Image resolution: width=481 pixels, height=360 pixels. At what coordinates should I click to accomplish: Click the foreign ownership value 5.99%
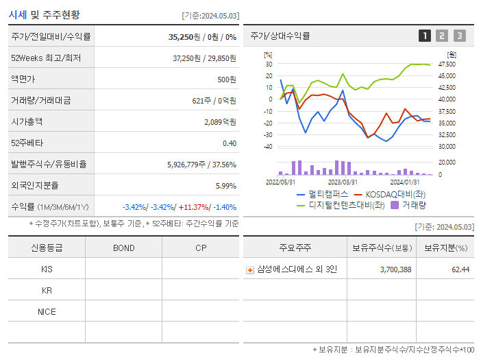click(x=225, y=186)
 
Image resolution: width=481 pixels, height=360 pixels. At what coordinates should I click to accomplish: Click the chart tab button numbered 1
click(x=425, y=36)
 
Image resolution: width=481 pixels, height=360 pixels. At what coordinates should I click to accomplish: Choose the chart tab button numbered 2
click(x=442, y=36)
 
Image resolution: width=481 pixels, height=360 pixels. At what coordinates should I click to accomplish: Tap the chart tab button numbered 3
click(x=459, y=36)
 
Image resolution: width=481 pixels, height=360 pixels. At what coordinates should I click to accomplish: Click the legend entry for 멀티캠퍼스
click(x=322, y=194)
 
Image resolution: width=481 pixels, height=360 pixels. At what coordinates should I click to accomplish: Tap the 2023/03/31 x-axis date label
click(x=343, y=182)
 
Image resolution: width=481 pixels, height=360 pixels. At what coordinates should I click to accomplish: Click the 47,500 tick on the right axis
click(x=446, y=64)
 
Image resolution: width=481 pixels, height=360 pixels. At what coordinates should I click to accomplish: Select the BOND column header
click(x=123, y=248)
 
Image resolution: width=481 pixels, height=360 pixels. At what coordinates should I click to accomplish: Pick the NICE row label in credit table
click(x=47, y=311)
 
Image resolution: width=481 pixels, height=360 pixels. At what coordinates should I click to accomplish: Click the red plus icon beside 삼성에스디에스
click(x=250, y=269)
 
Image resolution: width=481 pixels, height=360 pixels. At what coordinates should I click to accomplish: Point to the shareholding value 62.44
click(x=460, y=269)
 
